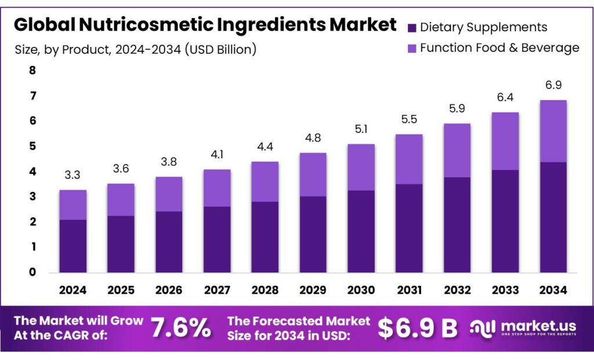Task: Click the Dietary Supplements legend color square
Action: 412,27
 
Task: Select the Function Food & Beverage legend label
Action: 499,48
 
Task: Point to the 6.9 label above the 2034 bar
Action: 553,85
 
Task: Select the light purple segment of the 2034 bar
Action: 553,131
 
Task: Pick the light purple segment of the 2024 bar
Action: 73,205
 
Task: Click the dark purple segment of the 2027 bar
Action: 217,239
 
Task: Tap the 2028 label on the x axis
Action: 265,289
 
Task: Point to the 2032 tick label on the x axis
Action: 457,289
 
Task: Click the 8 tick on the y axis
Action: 32,71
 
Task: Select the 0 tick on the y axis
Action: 32,272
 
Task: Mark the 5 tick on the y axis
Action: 32,146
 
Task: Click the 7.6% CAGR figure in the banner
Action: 181,328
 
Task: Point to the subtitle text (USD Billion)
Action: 221,49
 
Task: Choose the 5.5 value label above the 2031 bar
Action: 409,119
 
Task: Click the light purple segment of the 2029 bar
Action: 313,174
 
